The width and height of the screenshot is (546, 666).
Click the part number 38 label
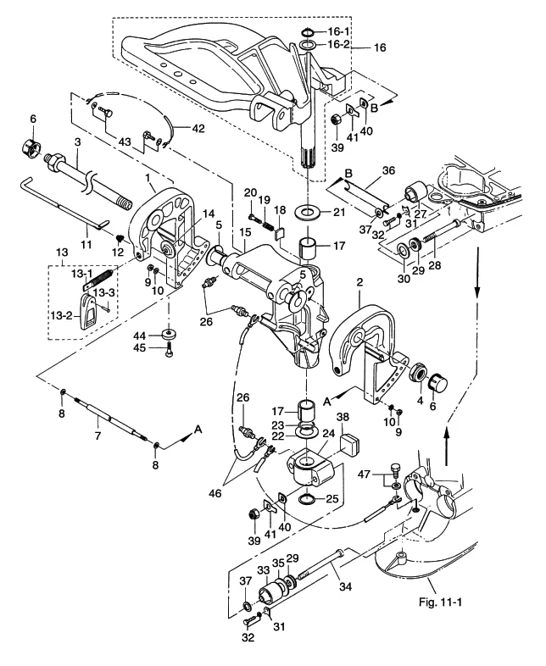(x=343, y=417)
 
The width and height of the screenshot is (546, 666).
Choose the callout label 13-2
(x=61, y=316)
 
